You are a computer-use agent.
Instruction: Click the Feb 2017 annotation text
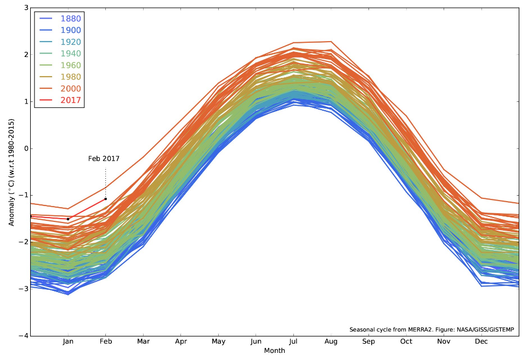tap(104, 159)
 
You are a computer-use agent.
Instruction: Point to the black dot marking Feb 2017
tap(105, 199)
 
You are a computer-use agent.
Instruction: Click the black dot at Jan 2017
tap(68, 219)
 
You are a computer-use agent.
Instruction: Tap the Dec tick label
tap(481, 342)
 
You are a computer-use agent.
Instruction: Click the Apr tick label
tap(180, 342)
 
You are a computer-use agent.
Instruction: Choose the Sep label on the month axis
tap(368, 342)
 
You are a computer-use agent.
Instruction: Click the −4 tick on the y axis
tap(24, 335)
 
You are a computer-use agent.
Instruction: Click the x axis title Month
tap(274, 350)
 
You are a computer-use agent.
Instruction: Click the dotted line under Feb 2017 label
tap(105, 181)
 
